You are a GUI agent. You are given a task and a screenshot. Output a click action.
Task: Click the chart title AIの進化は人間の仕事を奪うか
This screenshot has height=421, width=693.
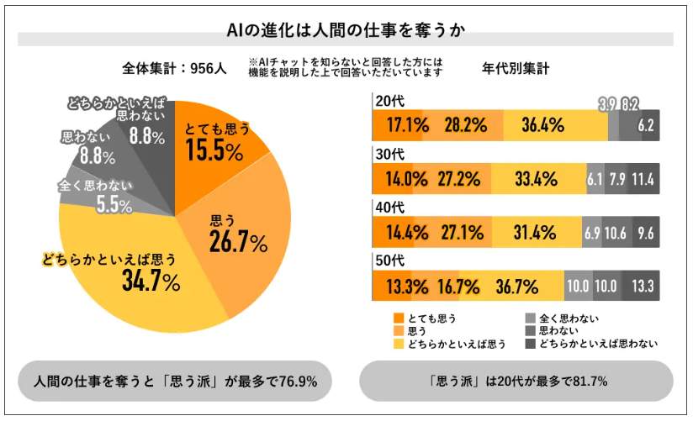tap(346, 31)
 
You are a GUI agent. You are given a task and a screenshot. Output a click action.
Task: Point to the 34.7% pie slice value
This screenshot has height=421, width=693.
tap(151, 282)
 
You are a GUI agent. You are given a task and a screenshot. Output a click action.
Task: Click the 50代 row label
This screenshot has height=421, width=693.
tap(388, 259)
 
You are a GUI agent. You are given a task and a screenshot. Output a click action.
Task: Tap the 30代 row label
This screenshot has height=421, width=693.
tap(388, 153)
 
